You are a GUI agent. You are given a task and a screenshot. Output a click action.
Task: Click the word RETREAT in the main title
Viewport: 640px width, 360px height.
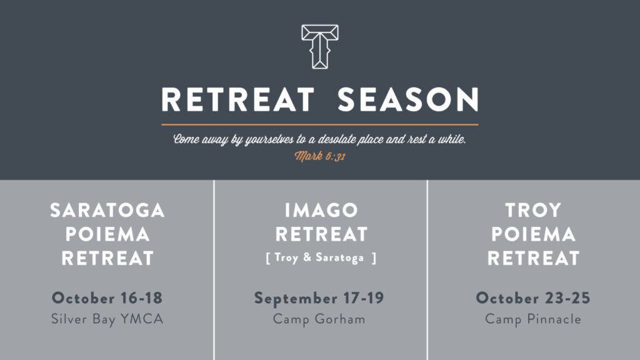pyautogui.click(x=238, y=99)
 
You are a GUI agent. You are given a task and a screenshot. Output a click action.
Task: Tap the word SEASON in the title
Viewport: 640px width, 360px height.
pyautogui.click(x=408, y=99)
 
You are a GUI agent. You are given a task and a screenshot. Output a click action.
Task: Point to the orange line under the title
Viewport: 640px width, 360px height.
pyautogui.click(x=320, y=124)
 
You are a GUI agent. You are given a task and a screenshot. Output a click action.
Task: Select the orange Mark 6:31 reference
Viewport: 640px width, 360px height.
pyautogui.click(x=320, y=156)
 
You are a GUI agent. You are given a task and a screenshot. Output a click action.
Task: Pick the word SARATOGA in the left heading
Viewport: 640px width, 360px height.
pyautogui.click(x=107, y=211)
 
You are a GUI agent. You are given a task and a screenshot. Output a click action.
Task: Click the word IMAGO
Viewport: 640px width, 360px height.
pyautogui.click(x=321, y=211)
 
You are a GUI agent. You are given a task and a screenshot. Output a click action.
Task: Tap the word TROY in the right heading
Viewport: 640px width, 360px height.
pyautogui.click(x=534, y=211)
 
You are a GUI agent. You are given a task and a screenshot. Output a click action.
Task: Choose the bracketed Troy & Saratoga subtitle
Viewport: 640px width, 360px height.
pyautogui.click(x=321, y=258)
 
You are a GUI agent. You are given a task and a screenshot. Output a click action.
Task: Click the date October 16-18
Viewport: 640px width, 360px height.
pyautogui.click(x=107, y=298)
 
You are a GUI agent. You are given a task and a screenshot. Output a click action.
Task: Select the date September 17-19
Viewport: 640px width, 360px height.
pyautogui.click(x=319, y=298)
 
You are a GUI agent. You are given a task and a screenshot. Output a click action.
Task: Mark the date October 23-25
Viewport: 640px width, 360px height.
pyautogui.click(x=533, y=298)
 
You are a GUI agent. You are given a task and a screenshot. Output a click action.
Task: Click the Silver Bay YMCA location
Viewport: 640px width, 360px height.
pyautogui.click(x=107, y=319)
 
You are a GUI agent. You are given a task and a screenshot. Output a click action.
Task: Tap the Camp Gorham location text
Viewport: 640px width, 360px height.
pyautogui.click(x=319, y=319)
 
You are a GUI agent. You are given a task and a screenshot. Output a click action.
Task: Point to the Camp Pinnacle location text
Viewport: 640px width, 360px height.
pyautogui.click(x=533, y=319)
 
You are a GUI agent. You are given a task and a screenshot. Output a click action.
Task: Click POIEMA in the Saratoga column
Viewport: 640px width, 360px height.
pyautogui.click(x=107, y=234)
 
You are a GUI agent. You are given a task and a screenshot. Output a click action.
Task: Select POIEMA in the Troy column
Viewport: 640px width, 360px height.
pyautogui.click(x=534, y=234)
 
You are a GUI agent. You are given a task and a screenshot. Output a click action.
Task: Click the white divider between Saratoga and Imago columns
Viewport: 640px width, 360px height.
pyautogui.click(x=214, y=270)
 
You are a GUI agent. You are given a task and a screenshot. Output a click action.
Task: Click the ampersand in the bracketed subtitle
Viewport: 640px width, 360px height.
pyautogui.click(x=307, y=257)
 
